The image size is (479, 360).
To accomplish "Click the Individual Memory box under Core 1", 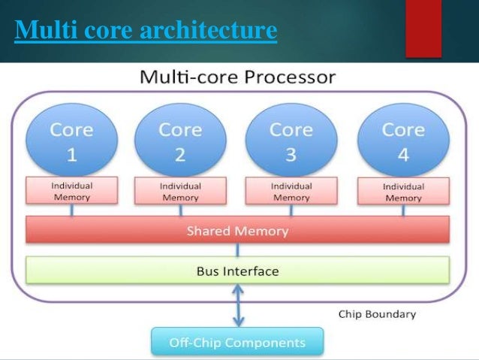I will (x=71, y=191).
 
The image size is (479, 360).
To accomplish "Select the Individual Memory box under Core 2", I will (x=180, y=191).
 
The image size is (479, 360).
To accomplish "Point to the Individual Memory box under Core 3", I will (x=291, y=191).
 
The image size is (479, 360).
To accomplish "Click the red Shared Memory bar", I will (x=237, y=231).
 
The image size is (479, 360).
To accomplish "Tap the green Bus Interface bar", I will (x=237, y=271).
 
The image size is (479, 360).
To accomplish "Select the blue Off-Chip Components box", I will (x=237, y=342).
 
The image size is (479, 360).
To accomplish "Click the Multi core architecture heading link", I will (x=146, y=32).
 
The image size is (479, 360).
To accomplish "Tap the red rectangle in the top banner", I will (x=423, y=28).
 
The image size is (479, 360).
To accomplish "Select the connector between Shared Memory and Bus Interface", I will (x=237, y=250).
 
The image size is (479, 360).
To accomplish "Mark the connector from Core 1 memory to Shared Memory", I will (x=71, y=210).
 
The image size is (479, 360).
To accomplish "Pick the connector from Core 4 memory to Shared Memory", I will (x=403, y=211).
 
